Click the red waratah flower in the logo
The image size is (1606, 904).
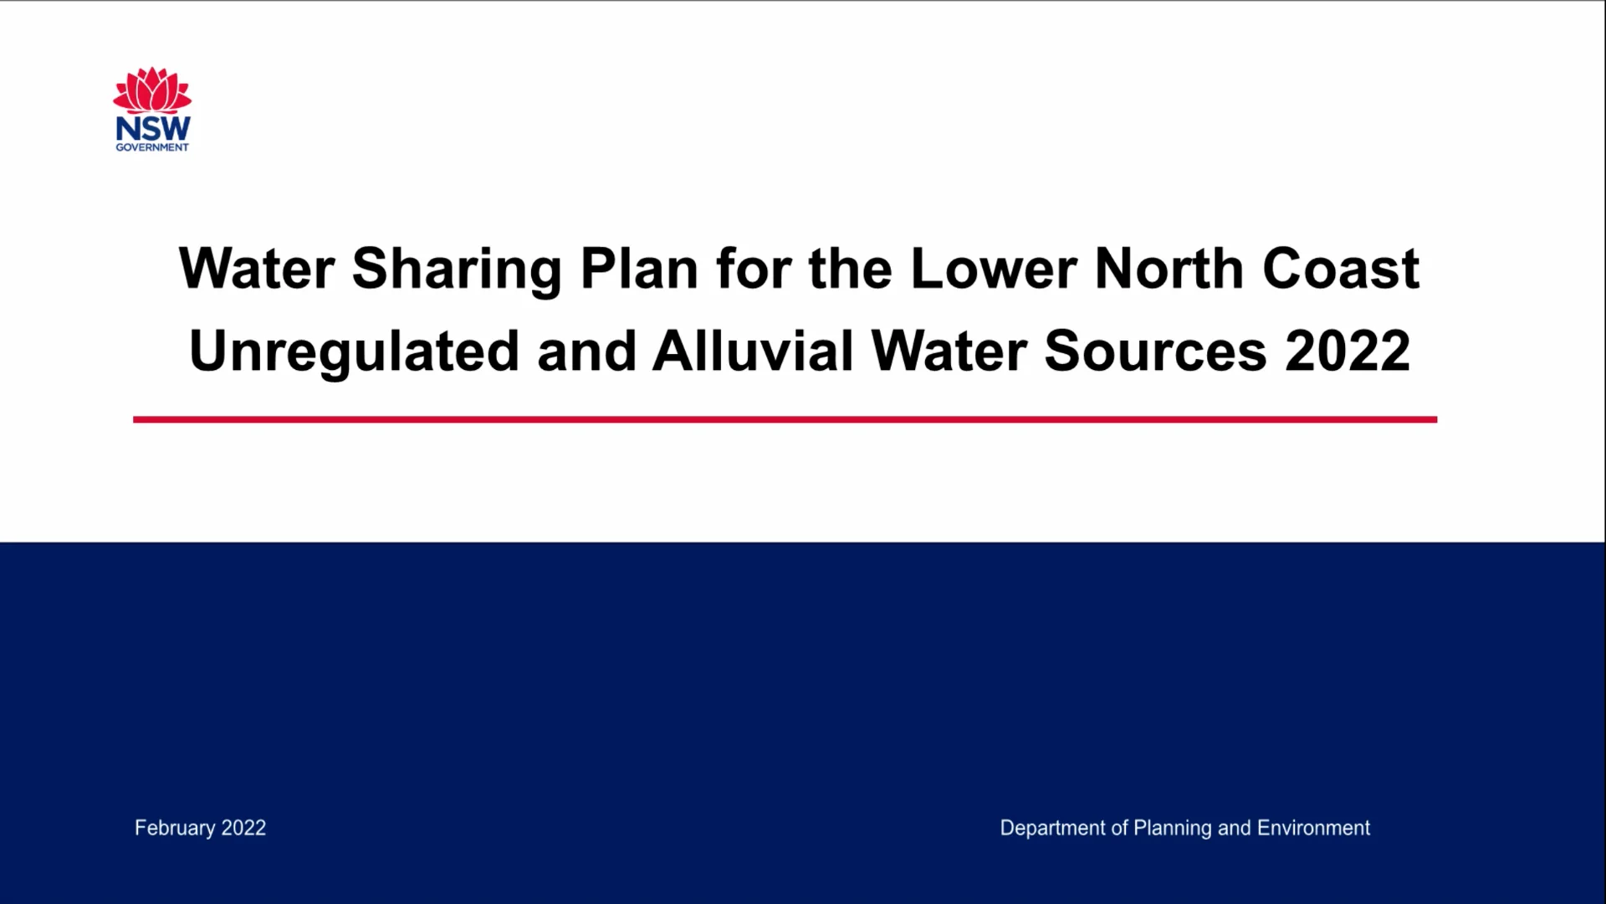point(152,90)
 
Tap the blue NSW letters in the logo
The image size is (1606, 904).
point(153,128)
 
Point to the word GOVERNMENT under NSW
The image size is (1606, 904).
point(152,147)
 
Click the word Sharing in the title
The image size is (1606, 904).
point(457,270)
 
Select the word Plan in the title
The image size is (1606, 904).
point(639,270)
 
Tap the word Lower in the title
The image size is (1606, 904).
point(993,270)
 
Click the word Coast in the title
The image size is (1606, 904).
point(1340,270)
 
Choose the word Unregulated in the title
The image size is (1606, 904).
point(354,352)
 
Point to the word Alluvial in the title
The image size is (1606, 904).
point(753,352)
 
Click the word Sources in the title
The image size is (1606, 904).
point(1155,352)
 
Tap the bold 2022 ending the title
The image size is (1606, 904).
point(1348,352)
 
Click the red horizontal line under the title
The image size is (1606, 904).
point(785,419)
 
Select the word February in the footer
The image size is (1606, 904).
point(175,828)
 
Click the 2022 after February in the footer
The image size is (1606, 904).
point(243,828)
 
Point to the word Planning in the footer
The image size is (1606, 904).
point(1172,828)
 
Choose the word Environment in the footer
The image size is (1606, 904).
point(1313,828)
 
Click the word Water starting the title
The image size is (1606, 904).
point(257,270)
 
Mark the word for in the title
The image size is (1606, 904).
point(754,270)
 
